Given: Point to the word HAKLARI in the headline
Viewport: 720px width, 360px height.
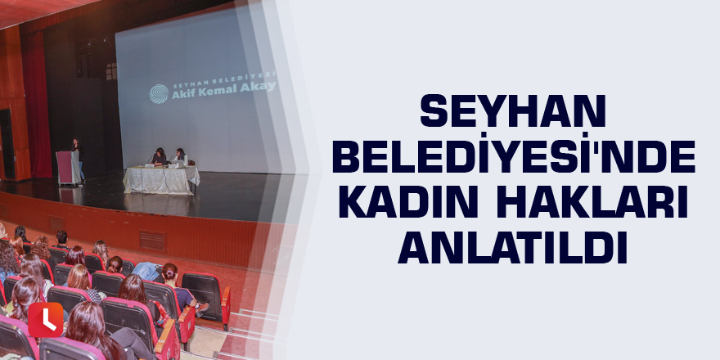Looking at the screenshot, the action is click(592, 204).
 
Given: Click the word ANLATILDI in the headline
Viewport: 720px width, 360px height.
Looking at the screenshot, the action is click(513, 250).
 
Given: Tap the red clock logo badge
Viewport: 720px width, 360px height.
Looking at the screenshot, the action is click(46, 320).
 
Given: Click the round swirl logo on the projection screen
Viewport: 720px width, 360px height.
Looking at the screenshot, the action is click(159, 93).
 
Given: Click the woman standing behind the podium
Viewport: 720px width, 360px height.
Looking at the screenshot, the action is click(78, 159).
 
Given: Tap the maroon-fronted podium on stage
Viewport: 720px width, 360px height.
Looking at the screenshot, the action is click(68, 168).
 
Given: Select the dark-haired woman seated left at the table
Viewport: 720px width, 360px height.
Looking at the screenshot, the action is click(160, 157).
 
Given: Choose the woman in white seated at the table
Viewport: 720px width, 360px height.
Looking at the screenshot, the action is click(181, 157).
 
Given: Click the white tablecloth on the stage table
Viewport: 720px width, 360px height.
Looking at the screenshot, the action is click(161, 179).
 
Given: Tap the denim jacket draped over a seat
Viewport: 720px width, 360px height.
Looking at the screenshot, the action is click(147, 271).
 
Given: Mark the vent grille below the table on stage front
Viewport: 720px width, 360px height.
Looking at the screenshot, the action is click(152, 241).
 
